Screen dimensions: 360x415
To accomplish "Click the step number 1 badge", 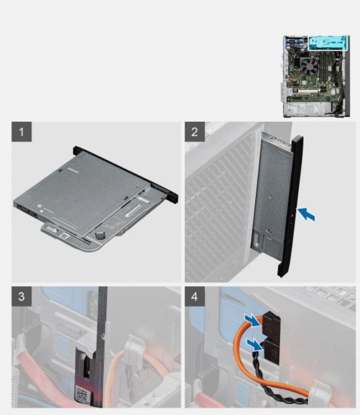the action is [22, 132].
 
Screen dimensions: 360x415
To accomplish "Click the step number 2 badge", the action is [195, 132].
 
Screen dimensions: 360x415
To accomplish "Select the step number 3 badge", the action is [22, 296].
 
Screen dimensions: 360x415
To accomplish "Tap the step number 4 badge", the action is [195, 296].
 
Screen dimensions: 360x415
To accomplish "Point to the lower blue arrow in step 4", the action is [254, 345].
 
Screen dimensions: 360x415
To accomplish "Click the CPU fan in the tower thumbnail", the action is [310, 66].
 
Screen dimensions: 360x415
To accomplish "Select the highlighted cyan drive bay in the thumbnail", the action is [327, 43].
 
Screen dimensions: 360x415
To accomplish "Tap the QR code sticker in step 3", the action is [82, 393].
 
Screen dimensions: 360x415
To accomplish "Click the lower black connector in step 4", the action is [271, 351].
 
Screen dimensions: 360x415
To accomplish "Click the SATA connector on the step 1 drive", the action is [27, 211].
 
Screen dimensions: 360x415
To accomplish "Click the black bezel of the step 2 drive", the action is [291, 206].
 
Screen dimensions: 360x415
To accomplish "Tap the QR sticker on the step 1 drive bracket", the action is [64, 235].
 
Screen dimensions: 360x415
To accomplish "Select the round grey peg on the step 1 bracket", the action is [99, 235].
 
